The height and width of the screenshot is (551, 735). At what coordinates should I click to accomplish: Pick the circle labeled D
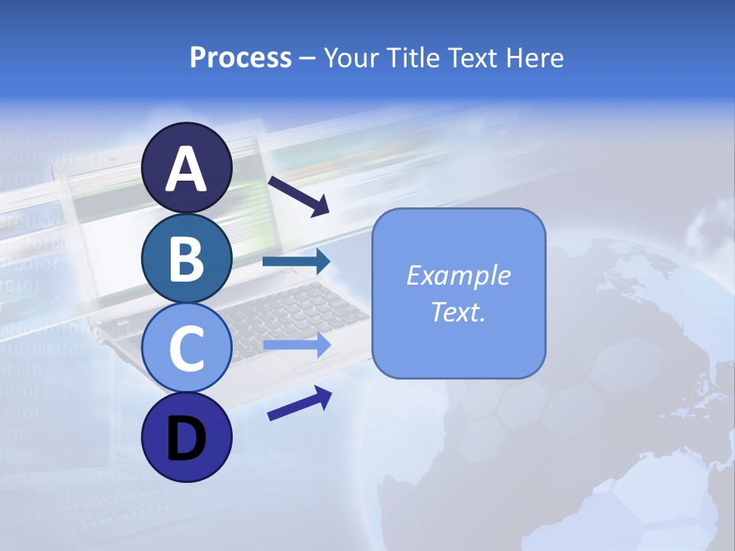186,439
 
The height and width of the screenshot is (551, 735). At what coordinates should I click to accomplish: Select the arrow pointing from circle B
296,262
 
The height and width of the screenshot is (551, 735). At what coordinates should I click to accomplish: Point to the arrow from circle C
296,345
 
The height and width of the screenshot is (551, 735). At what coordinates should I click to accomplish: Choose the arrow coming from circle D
299,403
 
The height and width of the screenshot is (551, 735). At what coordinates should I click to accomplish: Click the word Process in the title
240,57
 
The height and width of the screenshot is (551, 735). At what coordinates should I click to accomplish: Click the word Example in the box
458,275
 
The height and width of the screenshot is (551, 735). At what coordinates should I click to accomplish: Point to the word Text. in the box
458,311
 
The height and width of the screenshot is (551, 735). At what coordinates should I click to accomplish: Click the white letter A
186,169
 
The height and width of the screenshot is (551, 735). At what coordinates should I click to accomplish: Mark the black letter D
186,439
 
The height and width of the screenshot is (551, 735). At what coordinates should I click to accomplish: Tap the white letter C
186,349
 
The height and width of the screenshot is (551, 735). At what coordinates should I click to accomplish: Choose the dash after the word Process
308,58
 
